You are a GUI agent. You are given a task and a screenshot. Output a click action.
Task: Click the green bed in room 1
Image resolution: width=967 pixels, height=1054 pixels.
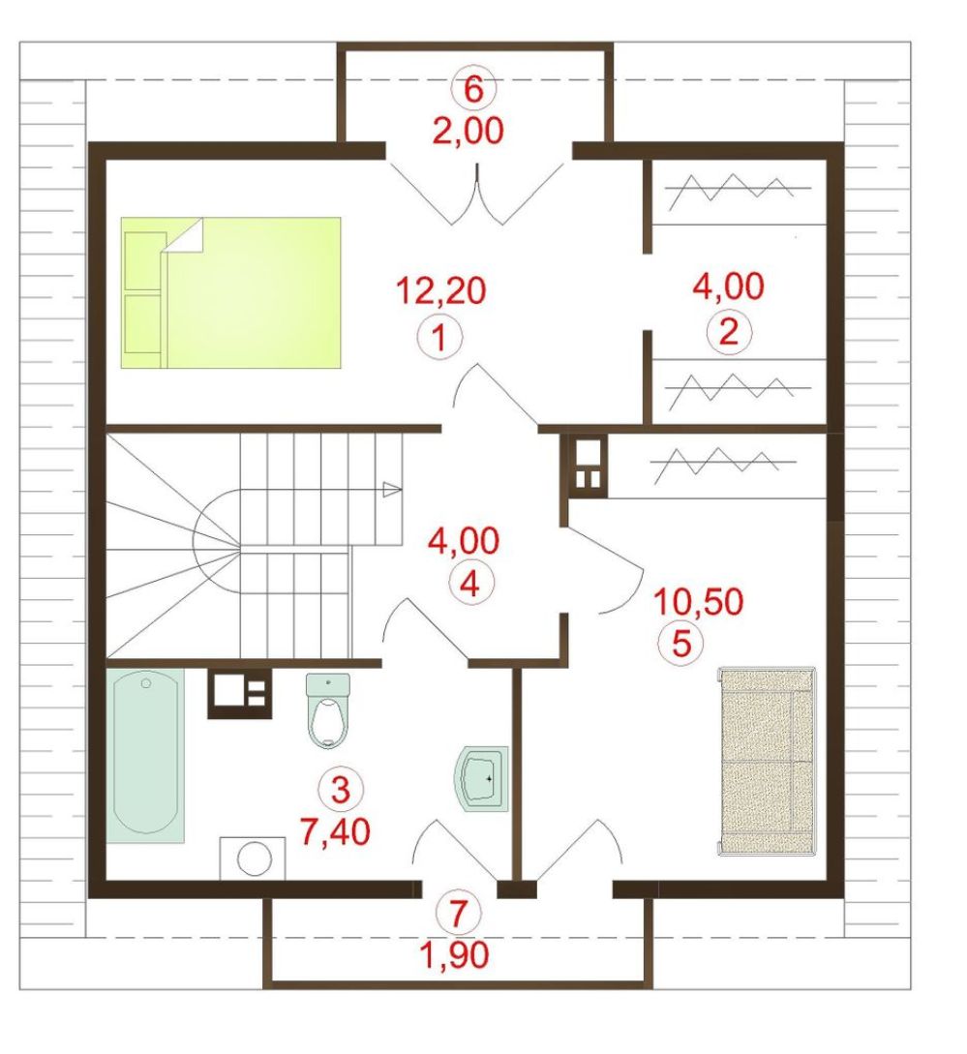pyautogui.click(x=230, y=292)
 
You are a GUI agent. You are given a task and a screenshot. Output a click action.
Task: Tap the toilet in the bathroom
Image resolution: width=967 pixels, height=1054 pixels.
pyautogui.click(x=328, y=710)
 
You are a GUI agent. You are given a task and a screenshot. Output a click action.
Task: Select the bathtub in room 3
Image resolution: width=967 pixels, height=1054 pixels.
pyautogui.click(x=145, y=755)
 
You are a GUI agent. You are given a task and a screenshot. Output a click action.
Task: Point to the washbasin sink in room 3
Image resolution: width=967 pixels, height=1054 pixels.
pyautogui.click(x=481, y=779)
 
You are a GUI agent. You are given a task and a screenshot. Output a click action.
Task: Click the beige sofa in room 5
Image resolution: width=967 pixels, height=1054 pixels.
pyautogui.click(x=767, y=761)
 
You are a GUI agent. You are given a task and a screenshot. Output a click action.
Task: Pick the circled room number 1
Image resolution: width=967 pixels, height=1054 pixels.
pyautogui.click(x=439, y=337)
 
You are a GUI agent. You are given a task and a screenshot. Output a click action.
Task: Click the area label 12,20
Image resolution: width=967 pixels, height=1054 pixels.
pyautogui.click(x=441, y=291)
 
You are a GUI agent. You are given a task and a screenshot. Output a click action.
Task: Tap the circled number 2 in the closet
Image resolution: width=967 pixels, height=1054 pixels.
pyautogui.click(x=728, y=331)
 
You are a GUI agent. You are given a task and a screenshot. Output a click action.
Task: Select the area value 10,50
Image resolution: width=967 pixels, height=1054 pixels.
pyautogui.click(x=698, y=602)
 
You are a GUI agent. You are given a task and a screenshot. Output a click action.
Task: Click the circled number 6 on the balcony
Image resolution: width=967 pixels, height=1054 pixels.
pyautogui.click(x=473, y=89)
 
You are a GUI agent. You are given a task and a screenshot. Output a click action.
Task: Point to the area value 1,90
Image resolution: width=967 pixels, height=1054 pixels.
pyautogui.click(x=455, y=954)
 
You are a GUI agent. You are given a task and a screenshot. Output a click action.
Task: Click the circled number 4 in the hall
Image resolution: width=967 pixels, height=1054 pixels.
pyautogui.click(x=470, y=584)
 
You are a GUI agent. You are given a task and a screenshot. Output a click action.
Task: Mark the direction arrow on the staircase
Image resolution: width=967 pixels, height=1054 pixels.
pyautogui.click(x=392, y=490)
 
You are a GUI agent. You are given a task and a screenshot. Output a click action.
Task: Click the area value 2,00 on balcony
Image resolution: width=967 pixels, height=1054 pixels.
pyautogui.click(x=468, y=131)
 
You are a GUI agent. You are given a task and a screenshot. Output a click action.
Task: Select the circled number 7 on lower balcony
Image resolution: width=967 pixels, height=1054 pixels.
pyautogui.click(x=459, y=912)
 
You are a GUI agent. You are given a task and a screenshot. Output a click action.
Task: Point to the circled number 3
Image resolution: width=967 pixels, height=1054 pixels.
pyautogui.click(x=341, y=789)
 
